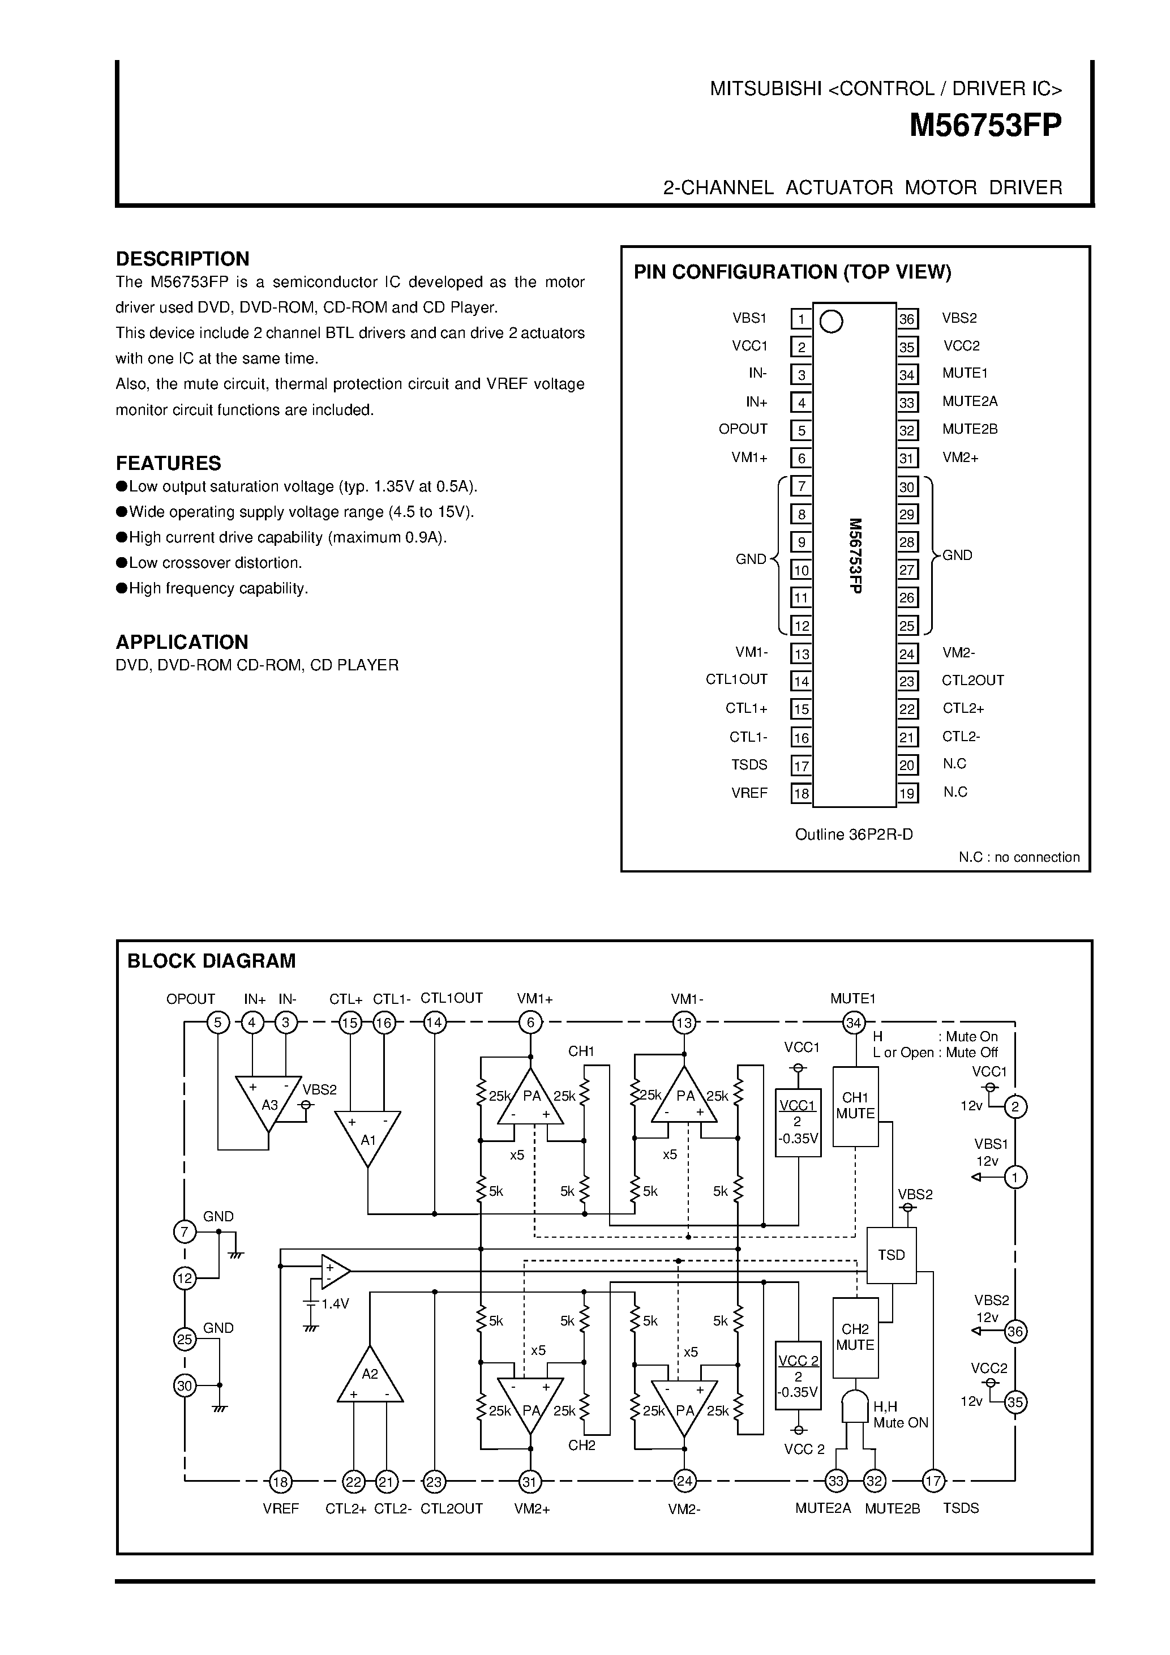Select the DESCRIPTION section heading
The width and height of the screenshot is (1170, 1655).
click(182, 259)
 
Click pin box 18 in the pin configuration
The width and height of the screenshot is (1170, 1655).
click(801, 794)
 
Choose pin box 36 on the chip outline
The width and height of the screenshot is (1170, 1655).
click(907, 319)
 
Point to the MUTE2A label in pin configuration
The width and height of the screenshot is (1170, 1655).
click(970, 401)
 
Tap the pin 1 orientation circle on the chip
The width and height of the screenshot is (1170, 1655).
click(832, 322)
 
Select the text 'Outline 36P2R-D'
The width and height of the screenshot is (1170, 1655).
click(854, 834)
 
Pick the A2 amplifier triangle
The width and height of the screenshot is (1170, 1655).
click(370, 1378)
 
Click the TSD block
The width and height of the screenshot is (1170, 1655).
click(891, 1255)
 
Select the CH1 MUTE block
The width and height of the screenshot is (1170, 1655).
click(855, 1106)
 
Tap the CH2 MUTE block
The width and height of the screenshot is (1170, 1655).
click(855, 1337)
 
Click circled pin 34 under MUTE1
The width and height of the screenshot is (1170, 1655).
click(854, 1023)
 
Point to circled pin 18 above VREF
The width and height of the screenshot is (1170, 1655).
click(280, 1482)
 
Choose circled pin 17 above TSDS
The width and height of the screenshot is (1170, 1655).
click(933, 1481)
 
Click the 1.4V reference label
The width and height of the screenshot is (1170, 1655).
click(335, 1303)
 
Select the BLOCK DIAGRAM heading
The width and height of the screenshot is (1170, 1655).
click(211, 961)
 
